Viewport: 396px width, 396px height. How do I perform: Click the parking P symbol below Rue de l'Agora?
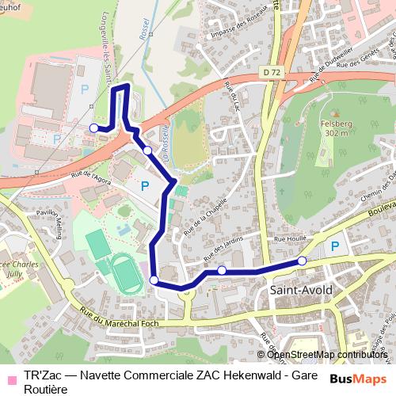(144, 185)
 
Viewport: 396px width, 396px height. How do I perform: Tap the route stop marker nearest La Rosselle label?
(147, 150)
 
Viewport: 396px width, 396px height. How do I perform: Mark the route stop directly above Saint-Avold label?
(302, 261)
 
